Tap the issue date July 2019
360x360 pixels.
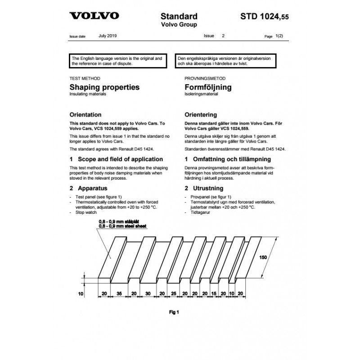[108, 35]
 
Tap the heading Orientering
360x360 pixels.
[201, 115]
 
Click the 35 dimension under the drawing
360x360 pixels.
[119, 293]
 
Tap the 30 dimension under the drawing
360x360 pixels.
[148, 293]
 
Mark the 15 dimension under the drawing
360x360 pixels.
[214, 293]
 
